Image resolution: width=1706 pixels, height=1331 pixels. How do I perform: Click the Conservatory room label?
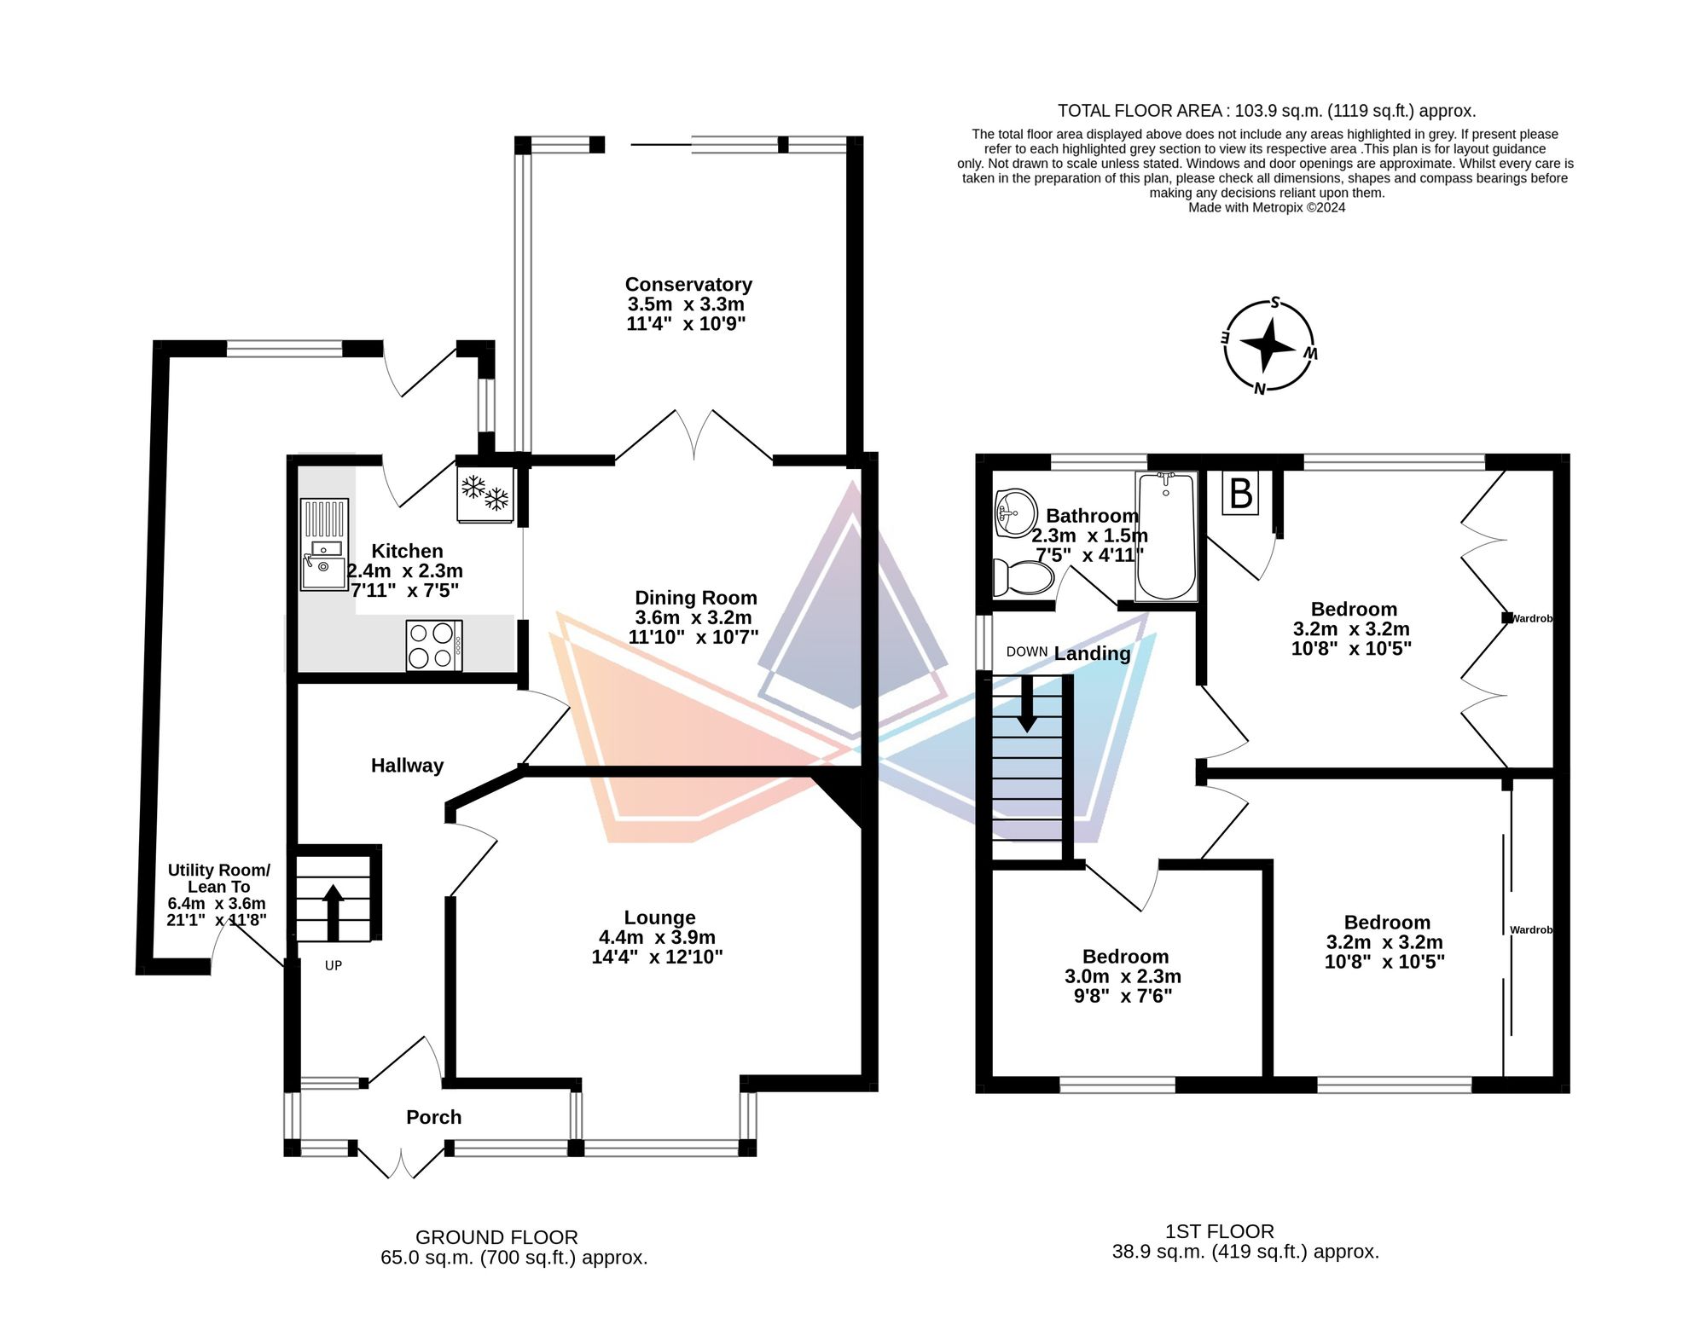688,285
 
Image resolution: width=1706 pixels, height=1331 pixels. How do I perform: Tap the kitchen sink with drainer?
324,544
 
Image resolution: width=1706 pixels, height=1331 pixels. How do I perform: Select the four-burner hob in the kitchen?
434,645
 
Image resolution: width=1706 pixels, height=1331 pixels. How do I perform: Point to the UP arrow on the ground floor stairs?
333,911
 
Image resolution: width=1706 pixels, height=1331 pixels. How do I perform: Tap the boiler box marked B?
1240,493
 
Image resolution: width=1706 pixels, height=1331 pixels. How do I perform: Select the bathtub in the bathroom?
1166,537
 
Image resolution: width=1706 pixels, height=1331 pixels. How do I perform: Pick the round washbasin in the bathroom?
1016,512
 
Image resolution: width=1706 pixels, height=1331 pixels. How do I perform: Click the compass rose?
1268,346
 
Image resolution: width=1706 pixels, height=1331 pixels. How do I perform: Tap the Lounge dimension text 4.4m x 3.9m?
657,937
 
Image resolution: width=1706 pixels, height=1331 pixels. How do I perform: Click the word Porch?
433,1117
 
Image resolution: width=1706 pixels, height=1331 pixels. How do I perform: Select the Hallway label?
407,766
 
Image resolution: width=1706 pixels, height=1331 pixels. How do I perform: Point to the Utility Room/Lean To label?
218,878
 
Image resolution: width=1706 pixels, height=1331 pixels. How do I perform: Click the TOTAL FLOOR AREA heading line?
1266,111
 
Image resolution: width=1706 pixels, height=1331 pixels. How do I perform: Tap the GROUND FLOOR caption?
496,1237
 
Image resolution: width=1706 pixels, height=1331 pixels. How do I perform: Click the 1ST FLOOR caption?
1219,1231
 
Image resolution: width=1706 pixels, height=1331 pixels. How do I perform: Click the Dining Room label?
695,598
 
